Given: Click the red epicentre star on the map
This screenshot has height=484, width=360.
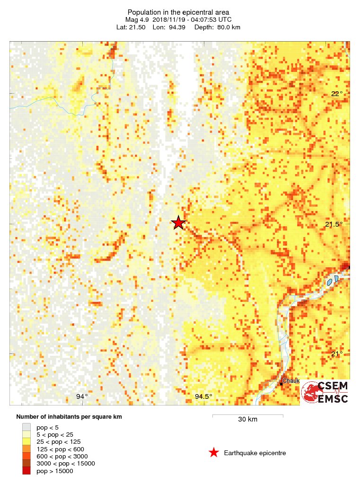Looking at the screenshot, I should point(178,223).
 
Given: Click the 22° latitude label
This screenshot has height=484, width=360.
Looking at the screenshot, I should point(337,94).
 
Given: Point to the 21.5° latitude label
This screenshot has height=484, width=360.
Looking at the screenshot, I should point(334,224).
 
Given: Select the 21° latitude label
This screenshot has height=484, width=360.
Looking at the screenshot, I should point(337,354).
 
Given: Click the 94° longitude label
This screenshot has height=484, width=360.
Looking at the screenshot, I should point(82,396).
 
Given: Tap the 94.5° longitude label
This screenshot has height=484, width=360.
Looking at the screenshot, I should point(204,396).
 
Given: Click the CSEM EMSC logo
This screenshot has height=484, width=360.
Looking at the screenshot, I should point(325,392).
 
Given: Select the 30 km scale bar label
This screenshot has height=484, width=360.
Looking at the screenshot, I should point(247,420).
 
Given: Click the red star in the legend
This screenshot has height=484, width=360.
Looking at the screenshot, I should point(214,453).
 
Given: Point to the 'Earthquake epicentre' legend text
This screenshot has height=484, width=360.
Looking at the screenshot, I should point(255,453).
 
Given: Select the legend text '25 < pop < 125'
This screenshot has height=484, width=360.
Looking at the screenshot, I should point(58,441).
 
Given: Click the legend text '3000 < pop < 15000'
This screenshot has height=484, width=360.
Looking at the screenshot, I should point(65,464).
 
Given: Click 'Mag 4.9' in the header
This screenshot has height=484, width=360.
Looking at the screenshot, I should point(137,19).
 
